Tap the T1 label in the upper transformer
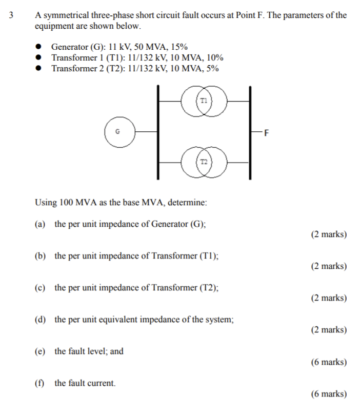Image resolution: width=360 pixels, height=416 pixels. click(204, 99)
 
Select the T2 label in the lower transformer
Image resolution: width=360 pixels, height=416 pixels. click(204, 162)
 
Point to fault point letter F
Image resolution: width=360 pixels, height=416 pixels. click(266, 134)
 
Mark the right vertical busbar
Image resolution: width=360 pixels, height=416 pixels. click(250, 132)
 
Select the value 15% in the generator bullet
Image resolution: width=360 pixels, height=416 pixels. click(179, 47)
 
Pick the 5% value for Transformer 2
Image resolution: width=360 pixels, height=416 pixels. click(212, 69)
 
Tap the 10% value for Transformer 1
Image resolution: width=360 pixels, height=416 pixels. click(214, 58)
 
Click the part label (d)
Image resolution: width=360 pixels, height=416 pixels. click(40, 319)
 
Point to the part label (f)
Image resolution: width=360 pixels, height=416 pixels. click(39, 383)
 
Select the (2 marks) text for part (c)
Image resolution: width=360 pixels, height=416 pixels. click(329, 298)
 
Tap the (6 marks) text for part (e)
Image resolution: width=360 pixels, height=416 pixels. click(329, 362)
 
